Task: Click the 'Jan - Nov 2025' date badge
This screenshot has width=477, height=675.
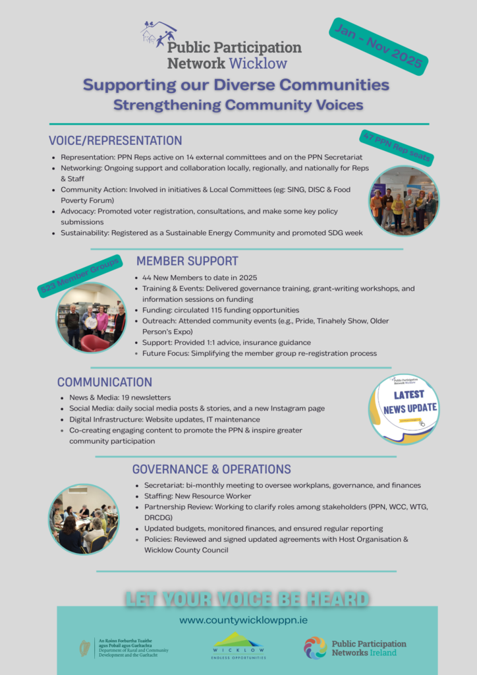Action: click(379, 46)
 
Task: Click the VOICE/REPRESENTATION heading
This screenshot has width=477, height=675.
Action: click(115, 140)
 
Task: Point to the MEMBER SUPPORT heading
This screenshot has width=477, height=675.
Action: click(187, 261)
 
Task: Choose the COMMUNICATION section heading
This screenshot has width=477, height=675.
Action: click(105, 382)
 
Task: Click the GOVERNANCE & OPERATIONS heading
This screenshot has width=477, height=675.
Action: click(211, 469)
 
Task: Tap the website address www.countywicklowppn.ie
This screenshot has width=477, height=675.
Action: click(243, 620)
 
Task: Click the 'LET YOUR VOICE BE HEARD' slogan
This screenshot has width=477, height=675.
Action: click(247, 599)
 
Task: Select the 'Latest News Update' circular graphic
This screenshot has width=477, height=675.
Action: click(404, 409)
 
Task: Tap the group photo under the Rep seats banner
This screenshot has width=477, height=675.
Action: click(404, 202)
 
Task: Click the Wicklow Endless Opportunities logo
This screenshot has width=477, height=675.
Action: click(238, 646)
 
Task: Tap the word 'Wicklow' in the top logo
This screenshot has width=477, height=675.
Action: click(258, 63)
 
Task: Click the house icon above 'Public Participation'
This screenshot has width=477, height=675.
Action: click(158, 33)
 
